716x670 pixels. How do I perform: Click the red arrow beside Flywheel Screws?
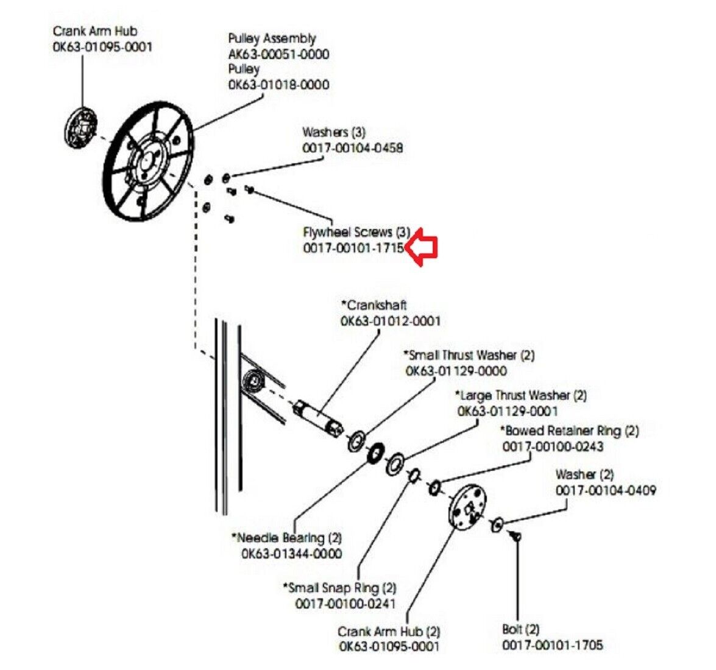coord(425,246)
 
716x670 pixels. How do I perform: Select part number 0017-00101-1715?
coord(353,249)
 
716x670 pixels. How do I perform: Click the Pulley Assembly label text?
coord(272,38)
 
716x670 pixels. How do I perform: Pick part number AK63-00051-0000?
coord(278,54)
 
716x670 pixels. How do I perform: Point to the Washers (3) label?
coord(334,132)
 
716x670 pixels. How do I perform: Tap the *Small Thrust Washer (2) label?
coord(469,355)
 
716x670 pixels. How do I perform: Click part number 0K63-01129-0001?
coord(508,411)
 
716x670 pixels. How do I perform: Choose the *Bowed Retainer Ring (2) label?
coord(569,431)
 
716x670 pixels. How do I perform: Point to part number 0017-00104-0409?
coord(606,490)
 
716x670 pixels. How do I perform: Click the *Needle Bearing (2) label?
coord(286,538)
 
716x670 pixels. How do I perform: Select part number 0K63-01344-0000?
coord(291,554)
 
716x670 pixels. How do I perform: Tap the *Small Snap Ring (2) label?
coord(339,588)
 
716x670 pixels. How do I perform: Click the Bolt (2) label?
coord(521,629)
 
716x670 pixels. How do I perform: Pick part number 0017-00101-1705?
coord(553,644)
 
